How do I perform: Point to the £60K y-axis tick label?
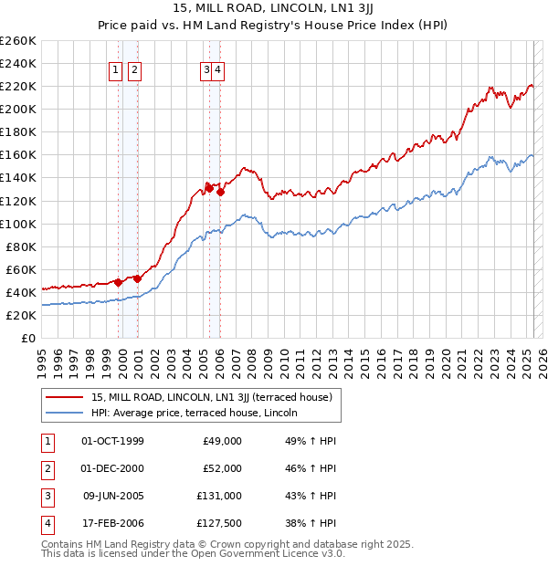[21, 269]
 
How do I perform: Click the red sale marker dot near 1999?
[118, 282]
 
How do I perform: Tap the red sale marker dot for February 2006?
[221, 192]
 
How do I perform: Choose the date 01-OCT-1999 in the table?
[112, 441]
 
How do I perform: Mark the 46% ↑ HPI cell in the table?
[311, 468]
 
